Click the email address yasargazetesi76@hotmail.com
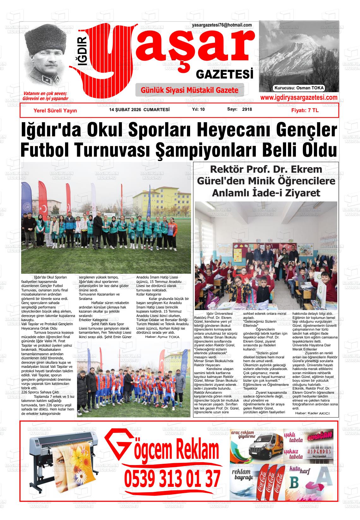(222, 25)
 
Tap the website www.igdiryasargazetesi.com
(298, 98)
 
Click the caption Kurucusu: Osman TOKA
(299, 88)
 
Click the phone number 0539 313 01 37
(172, 479)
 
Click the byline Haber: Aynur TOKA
(162, 337)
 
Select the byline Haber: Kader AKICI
(312, 413)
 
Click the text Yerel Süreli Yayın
(55, 111)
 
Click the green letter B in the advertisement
(294, 483)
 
